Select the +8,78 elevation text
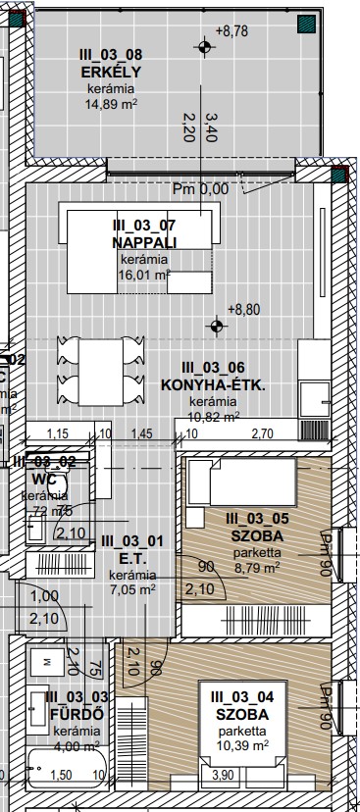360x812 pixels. (239, 32)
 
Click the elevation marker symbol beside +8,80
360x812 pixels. (217, 325)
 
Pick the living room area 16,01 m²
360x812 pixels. (144, 276)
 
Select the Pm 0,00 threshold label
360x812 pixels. (200, 188)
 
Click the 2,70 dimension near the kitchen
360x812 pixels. (263, 432)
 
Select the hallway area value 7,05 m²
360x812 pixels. (131, 589)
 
